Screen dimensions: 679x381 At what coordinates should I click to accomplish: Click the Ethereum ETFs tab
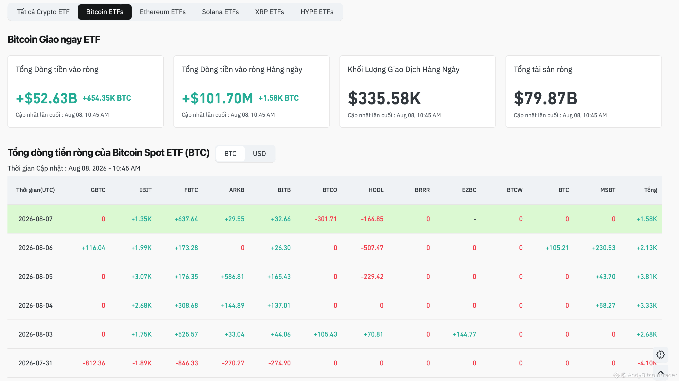tap(163, 12)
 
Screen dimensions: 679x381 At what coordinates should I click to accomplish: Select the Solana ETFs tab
tap(220, 12)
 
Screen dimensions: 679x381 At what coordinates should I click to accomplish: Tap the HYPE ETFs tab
tap(317, 12)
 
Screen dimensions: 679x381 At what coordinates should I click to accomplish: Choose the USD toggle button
tap(259, 154)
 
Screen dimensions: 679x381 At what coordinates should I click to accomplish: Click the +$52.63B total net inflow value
tap(46, 98)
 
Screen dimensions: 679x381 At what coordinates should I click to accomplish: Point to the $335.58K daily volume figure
tap(384, 98)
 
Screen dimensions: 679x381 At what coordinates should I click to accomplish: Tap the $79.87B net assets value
tap(545, 98)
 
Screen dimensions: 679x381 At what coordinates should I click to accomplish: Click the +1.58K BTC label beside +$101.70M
tap(278, 98)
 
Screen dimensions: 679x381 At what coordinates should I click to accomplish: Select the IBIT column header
tap(146, 190)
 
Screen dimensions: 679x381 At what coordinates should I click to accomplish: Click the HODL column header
tap(376, 190)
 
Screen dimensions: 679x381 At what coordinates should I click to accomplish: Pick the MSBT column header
tap(608, 190)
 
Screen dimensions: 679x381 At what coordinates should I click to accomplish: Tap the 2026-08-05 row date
tap(36, 277)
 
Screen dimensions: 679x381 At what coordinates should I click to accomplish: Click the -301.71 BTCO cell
tap(326, 219)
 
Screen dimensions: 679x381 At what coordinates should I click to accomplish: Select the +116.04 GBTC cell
tap(94, 248)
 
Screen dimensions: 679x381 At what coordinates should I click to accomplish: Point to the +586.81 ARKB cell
tap(232, 277)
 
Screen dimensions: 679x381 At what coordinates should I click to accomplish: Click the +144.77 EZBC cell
tap(464, 334)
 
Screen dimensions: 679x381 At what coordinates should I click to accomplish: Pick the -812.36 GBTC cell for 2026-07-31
tap(94, 363)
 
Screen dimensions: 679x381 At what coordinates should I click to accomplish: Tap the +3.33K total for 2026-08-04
tap(647, 306)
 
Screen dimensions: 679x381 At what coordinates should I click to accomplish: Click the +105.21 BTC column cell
tap(557, 248)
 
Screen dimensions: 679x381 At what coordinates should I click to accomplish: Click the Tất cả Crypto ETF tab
tap(43, 12)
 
